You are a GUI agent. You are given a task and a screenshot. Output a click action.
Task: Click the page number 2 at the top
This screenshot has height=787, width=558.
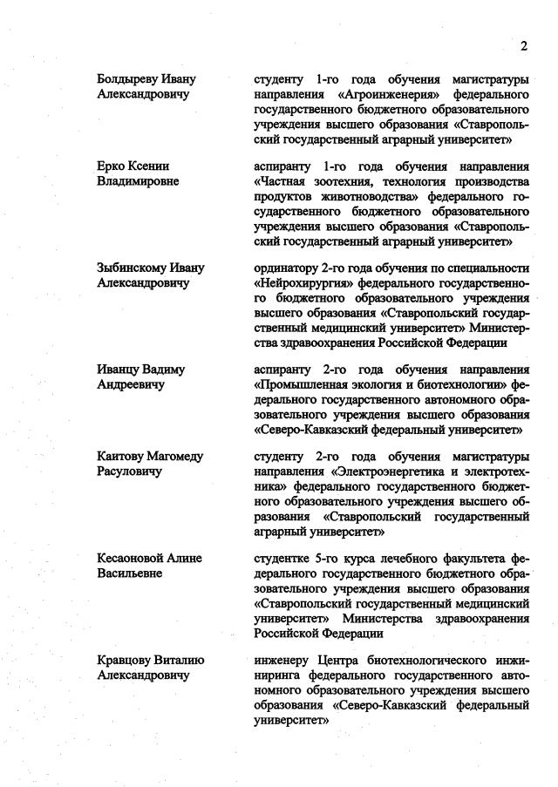coord(524,45)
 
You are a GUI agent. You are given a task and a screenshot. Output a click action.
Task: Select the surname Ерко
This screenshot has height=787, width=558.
coord(111,166)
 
